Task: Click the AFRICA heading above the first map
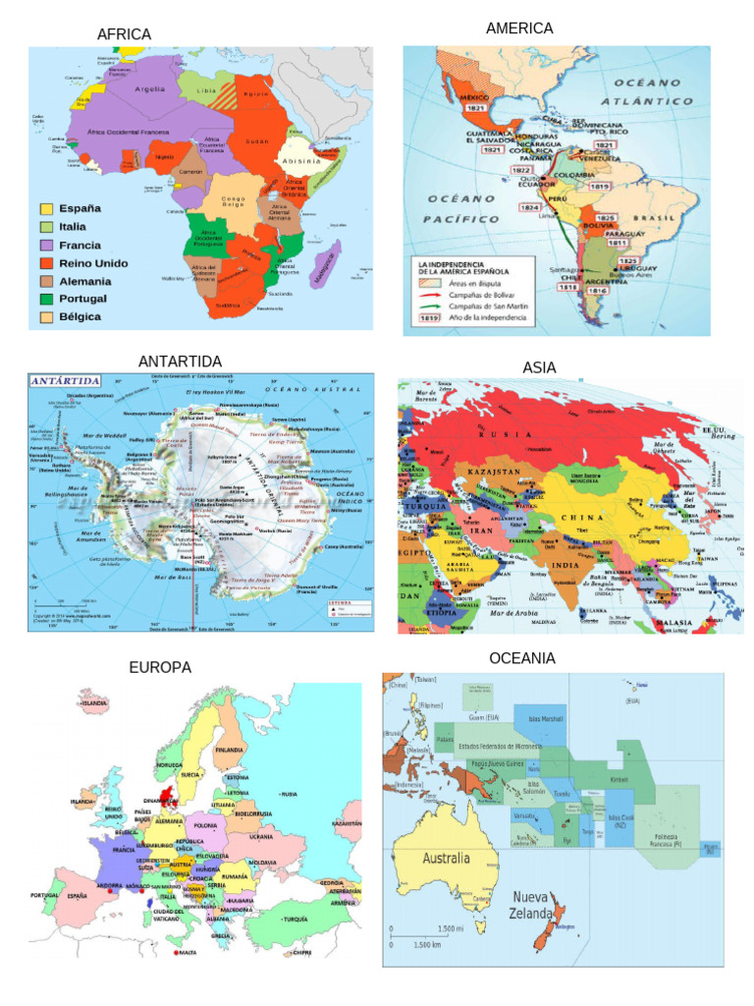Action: coord(124,34)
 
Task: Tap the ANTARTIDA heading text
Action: coord(180,362)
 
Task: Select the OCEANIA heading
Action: coord(522,657)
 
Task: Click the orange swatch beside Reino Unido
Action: coord(46,262)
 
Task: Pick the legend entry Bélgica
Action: coord(80,316)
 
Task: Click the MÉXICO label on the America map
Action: coord(474,97)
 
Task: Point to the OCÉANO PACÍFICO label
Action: coord(461,208)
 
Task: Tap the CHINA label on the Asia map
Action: coord(582,517)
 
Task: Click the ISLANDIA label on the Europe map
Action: coord(94,703)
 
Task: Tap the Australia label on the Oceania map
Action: coord(446,858)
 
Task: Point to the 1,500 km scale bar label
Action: coord(429,945)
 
